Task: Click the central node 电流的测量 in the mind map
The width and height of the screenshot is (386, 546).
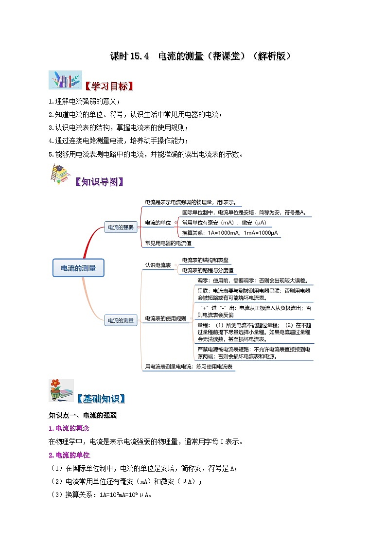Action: coord(78,268)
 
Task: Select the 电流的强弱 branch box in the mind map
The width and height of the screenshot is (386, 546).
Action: coord(120,227)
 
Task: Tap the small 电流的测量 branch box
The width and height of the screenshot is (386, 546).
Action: coord(120,320)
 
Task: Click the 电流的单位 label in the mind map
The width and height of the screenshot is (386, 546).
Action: coord(158,223)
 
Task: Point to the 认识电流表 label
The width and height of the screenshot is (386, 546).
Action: coord(158,265)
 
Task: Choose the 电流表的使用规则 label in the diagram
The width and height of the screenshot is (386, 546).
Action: coord(166,319)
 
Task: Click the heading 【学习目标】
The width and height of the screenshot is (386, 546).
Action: coord(108,87)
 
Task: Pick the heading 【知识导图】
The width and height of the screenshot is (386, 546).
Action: coord(100,182)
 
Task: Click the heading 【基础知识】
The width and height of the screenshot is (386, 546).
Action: coord(101,399)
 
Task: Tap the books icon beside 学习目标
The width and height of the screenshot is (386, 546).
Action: coord(65,80)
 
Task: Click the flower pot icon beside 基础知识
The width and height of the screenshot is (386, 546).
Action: coord(61,390)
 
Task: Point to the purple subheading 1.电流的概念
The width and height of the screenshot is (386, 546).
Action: coord(69,428)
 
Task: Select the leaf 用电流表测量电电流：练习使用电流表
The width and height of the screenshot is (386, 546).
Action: coord(190,367)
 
